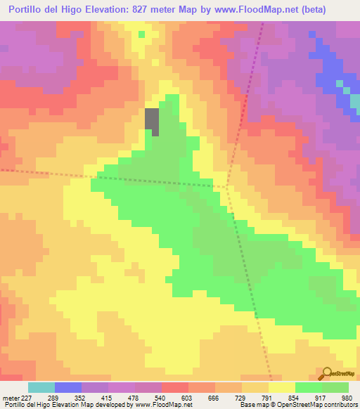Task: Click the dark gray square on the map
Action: tap(152, 122)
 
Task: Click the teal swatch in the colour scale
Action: tap(41, 387)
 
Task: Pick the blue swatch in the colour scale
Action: tap(68, 387)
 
